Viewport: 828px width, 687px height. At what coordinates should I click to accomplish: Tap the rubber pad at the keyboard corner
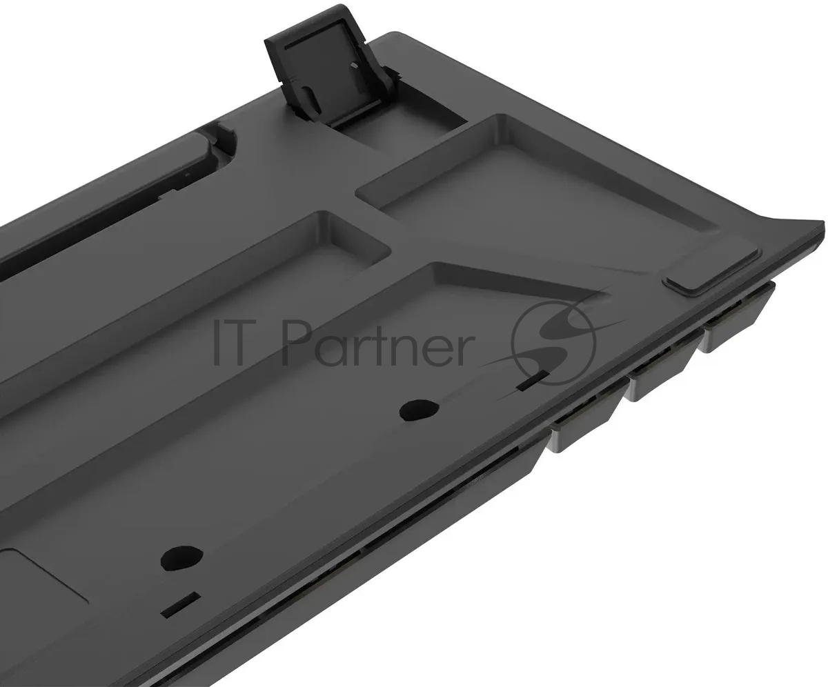pos(712,272)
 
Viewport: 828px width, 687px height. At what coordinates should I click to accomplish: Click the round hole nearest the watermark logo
pos(419,410)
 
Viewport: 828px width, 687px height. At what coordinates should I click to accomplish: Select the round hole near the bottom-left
pos(181,558)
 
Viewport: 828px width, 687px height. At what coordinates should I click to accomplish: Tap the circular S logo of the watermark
pos(554,343)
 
